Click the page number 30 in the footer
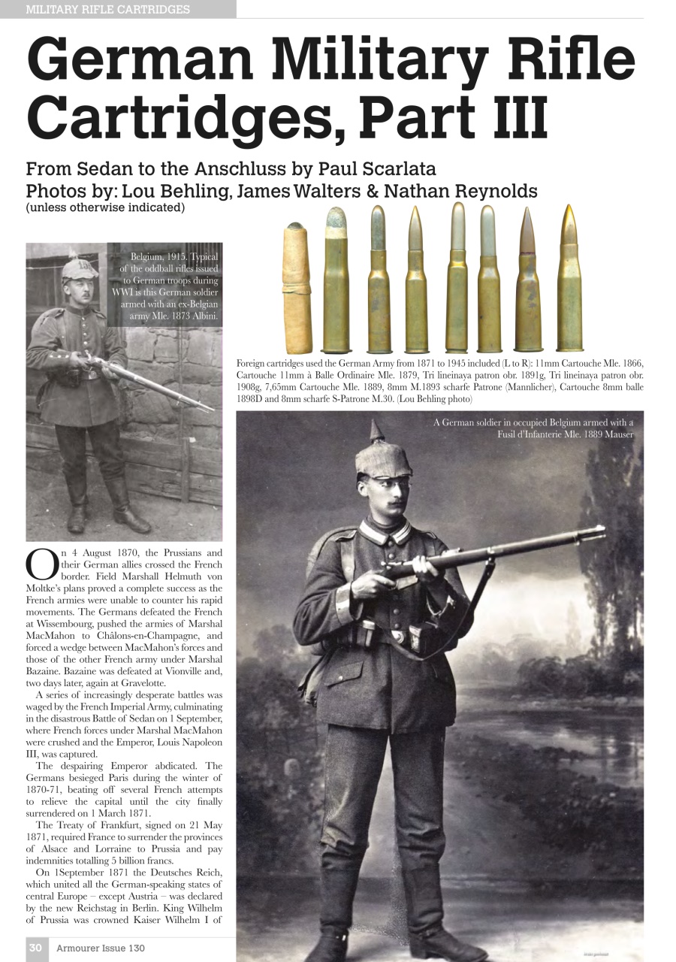(x=35, y=948)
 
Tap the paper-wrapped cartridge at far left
(x=296, y=289)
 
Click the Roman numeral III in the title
(x=511, y=119)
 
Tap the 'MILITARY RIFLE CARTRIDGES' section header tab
(x=108, y=10)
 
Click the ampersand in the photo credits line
(x=372, y=191)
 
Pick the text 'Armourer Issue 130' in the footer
(x=101, y=948)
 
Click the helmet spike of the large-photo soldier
(x=376, y=431)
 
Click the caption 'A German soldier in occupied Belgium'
(x=533, y=428)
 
